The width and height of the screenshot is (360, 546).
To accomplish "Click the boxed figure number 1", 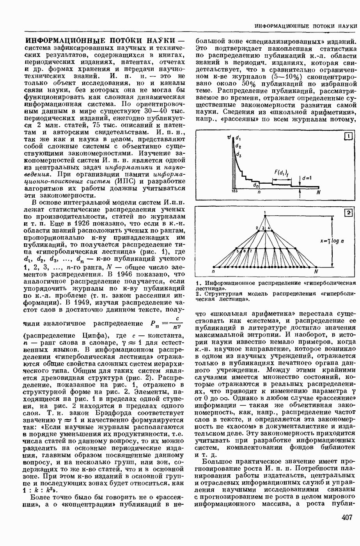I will (348, 136).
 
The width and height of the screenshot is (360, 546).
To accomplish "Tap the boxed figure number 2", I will (348, 212).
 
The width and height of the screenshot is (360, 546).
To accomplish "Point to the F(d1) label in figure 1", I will (280, 173).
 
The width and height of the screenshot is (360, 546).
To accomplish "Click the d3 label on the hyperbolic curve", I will (239, 155).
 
